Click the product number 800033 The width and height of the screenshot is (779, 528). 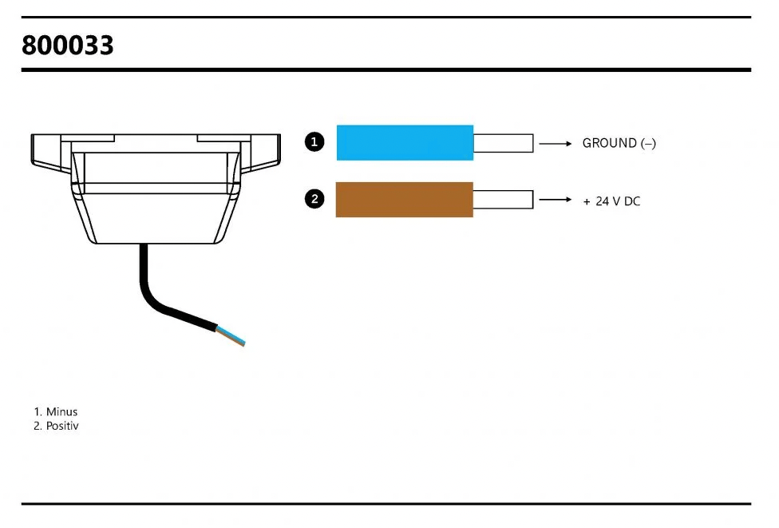point(68,46)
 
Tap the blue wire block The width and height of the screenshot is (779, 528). point(405,143)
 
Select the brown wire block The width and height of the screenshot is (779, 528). point(405,200)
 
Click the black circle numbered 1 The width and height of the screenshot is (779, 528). point(314,142)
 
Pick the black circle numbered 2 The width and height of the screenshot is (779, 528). point(314,200)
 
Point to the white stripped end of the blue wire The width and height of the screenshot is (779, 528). point(504,143)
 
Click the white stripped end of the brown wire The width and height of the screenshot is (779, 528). point(504,200)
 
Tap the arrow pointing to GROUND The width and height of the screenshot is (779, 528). point(556,144)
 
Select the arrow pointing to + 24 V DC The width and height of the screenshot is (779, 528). point(556,200)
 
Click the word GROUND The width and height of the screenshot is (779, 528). point(610,143)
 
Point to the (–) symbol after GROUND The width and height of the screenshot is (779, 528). point(648,144)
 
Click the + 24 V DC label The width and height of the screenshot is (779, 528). point(611,201)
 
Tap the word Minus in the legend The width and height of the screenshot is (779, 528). point(61,411)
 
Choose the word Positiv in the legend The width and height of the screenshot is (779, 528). point(62,426)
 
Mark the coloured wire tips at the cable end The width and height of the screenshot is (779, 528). point(231,335)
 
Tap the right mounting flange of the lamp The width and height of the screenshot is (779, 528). point(261,153)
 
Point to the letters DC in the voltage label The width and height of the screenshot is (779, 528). point(632,201)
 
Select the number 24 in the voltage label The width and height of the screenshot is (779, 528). point(602,201)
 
